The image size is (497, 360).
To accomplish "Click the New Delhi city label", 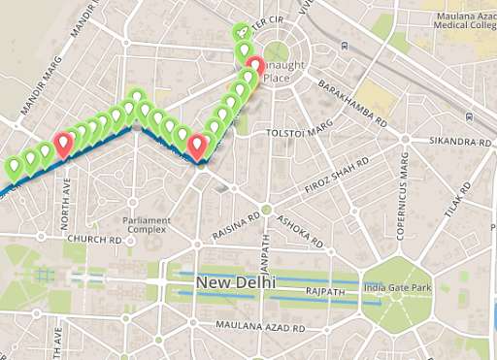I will point(236,282).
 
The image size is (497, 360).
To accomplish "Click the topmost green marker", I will point(243,33).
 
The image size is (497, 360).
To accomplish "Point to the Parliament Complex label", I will point(147,224).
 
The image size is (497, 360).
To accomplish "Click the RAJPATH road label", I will point(325,290).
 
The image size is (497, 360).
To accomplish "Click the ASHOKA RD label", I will point(299,228).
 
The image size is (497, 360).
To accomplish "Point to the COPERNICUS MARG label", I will point(399,199).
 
